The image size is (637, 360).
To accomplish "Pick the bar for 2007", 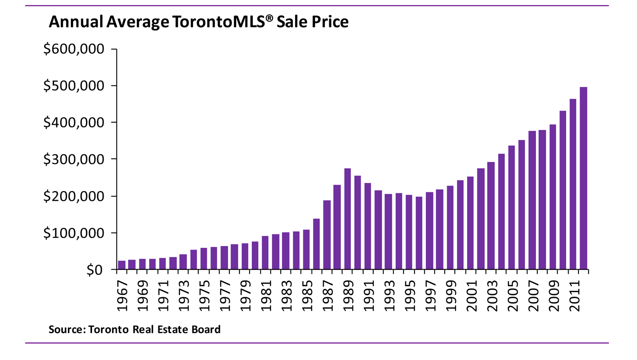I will [532, 200].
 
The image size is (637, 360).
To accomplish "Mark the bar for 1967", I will [122, 265].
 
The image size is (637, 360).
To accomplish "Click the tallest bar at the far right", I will [583, 178].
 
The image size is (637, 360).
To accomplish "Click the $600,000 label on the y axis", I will [74, 49].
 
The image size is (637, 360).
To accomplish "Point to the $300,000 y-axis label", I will [74, 159].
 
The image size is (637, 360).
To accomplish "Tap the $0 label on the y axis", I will [94, 270].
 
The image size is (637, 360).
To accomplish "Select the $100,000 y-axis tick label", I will [74, 233].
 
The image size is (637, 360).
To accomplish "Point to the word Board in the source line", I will [206, 329].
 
